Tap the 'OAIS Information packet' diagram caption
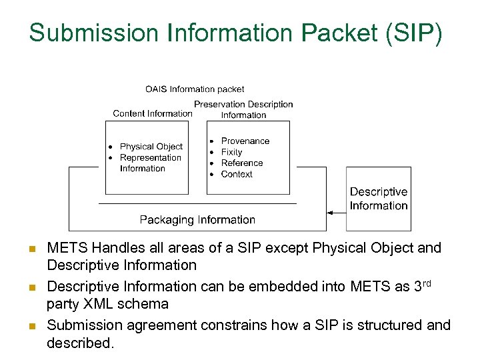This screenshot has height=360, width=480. [195, 89]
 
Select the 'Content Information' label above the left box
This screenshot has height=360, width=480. [153, 113]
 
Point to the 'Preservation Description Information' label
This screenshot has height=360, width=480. [243, 109]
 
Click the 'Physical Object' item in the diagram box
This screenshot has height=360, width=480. [151, 147]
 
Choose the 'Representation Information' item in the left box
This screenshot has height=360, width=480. [150, 163]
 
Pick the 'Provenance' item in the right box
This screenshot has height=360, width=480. [245, 141]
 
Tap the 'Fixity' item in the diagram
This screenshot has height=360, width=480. [231, 152]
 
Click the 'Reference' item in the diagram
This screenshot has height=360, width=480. [242, 163]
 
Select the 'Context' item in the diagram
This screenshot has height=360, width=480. [237, 174]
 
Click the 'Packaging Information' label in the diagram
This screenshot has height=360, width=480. [197, 219]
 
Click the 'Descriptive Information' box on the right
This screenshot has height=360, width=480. [378, 199]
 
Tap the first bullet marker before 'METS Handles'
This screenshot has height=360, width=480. [31, 249]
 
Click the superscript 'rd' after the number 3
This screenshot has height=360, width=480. [427, 283]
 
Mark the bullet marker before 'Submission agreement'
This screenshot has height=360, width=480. [31, 327]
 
